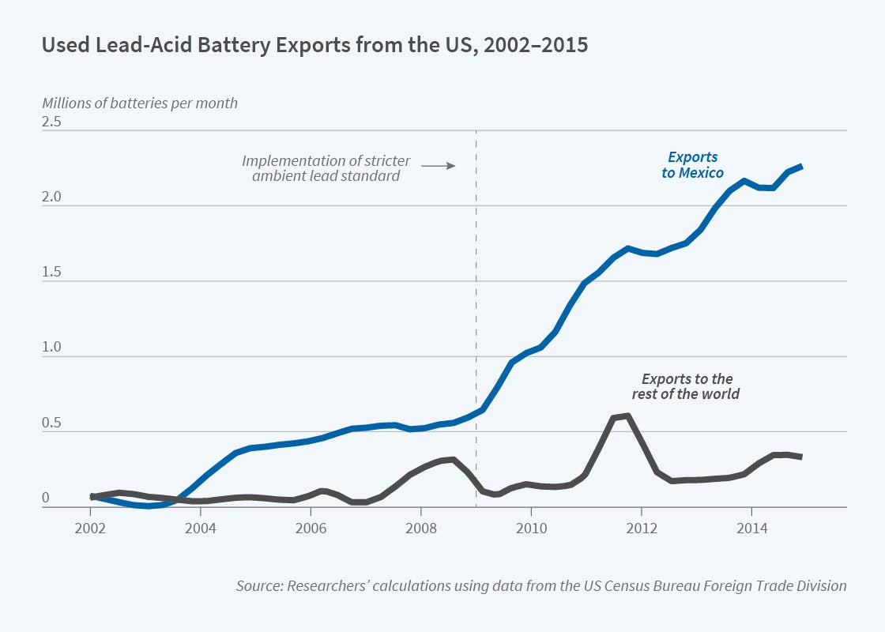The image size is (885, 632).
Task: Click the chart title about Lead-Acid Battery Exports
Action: coord(314,45)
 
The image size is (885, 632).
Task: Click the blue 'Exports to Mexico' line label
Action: coord(693,165)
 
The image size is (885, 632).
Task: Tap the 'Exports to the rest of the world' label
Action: coord(687,386)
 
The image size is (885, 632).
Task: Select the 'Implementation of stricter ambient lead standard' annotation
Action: coord(326,168)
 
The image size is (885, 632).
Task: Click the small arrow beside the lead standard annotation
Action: coord(439,166)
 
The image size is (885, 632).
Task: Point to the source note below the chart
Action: coord(541,586)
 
